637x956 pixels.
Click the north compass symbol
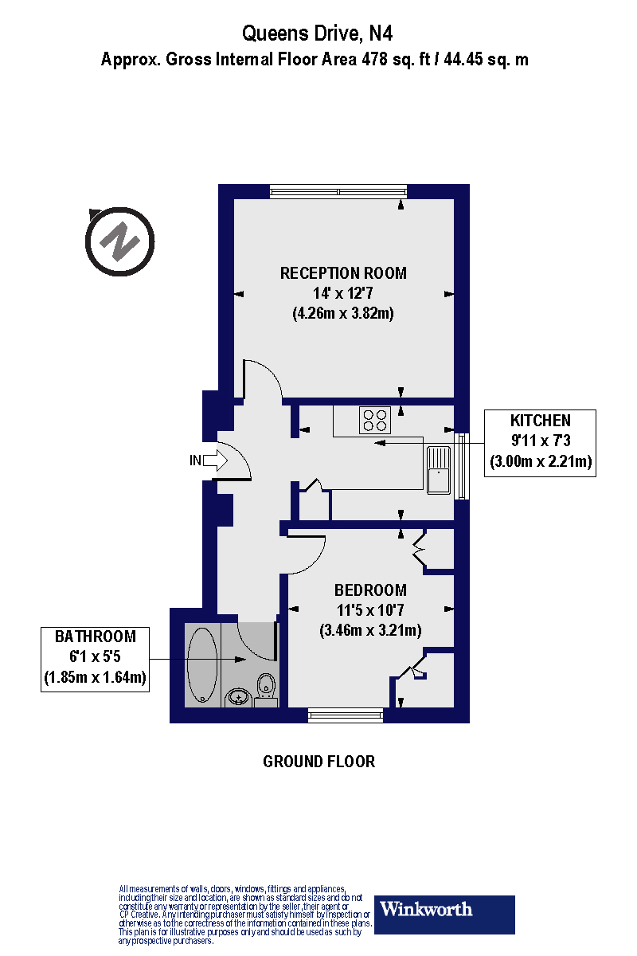click(x=119, y=241)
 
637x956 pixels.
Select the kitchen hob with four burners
click(x=374, y=420)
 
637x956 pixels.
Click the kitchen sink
click(x=439, y=469)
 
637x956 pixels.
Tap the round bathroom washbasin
click(x=237, y=697)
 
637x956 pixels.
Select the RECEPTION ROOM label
click(x=343, y=273)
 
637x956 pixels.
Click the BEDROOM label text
click(x=370, y=590)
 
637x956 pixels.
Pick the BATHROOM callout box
click(x=96, y=658)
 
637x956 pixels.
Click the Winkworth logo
click(x=444, y=915)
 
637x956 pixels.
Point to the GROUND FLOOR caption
click(x=318, y=762)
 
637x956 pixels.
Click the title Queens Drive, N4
click(x=318, y=33)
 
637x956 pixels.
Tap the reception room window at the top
click(x=338, y=191)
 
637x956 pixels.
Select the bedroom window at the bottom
click(x=346, y=716)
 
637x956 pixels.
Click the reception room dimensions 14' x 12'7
click(x=343, y=293)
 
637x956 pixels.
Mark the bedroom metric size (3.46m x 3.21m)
click(x=370, y=630)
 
